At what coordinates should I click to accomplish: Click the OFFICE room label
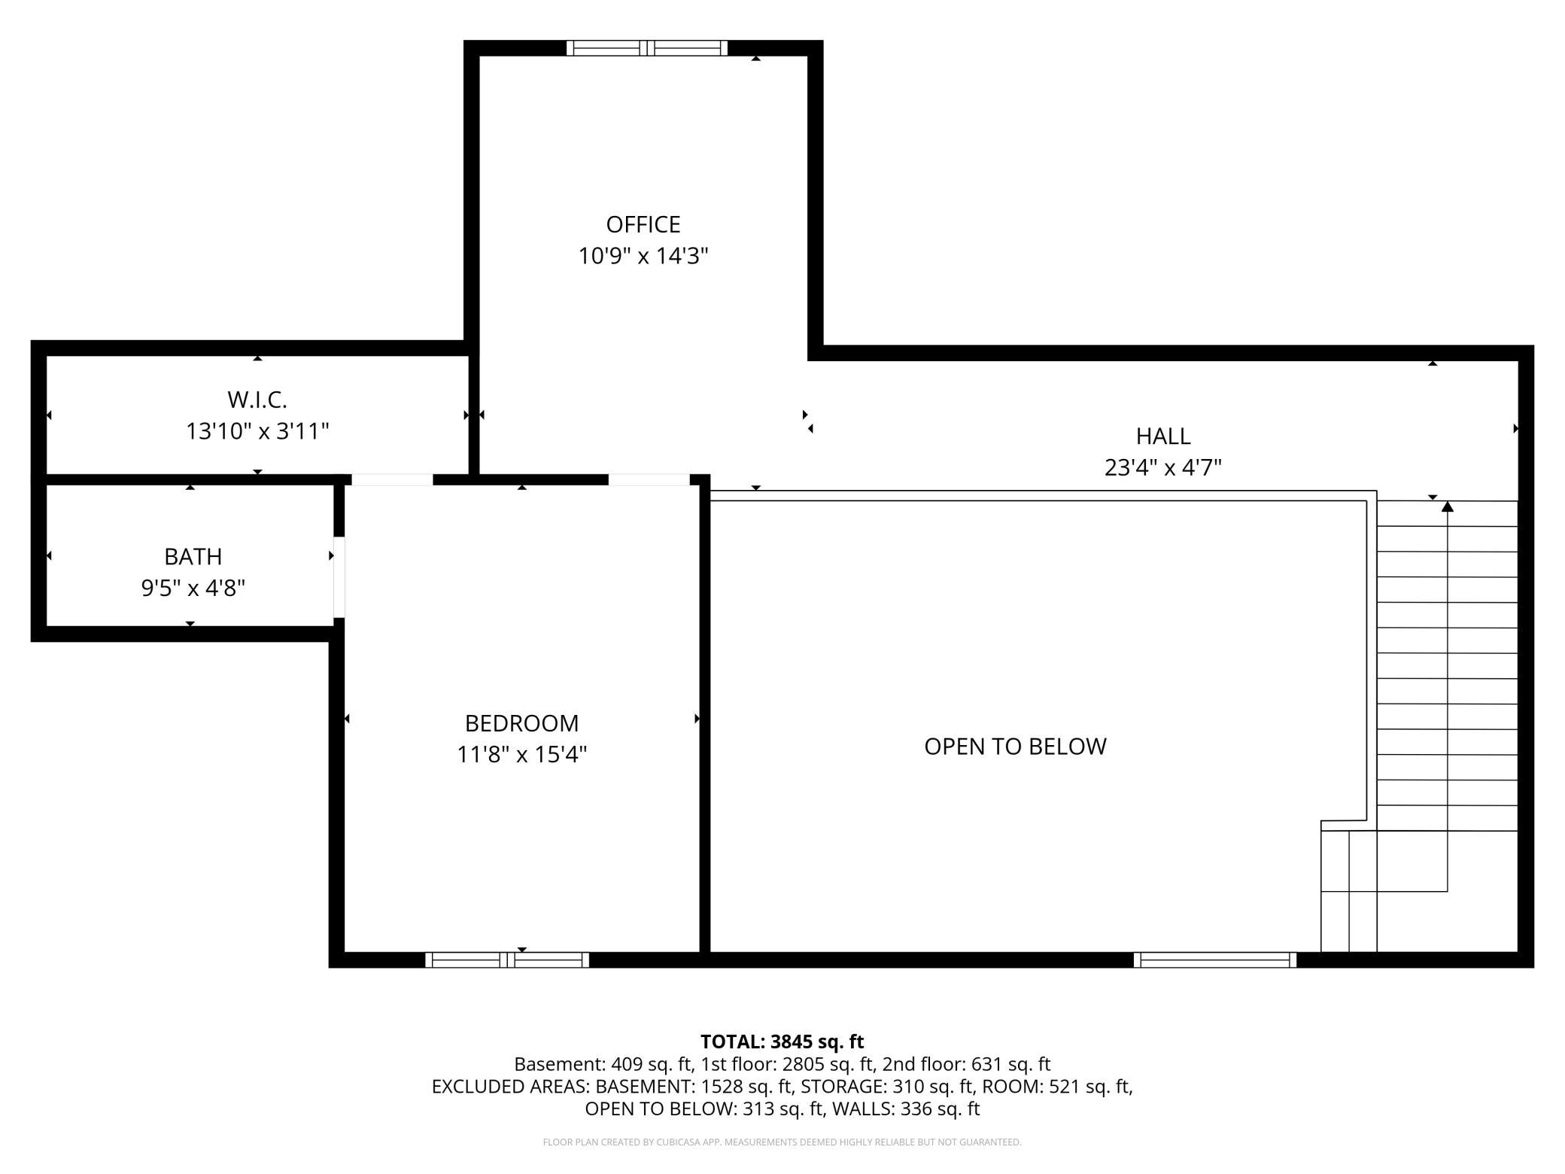[x=643, y=224]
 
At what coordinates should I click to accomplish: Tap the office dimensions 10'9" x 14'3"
[x=643, y=257]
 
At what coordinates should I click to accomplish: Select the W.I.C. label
[x=257, y=399]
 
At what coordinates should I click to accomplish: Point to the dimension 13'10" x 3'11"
[x=257, y=431]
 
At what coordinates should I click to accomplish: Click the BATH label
[x=193, y=557]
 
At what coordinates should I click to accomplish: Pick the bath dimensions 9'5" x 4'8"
[x=193, y=588]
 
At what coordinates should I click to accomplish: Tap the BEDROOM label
[x=521, y=723]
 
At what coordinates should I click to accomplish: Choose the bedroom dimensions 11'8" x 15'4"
[x=521, y=754]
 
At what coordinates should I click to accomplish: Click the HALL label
[x=1162, y=436]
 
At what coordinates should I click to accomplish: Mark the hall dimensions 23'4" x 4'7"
[x=1162, y=468]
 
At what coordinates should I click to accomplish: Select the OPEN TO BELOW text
[x=1015, y=747]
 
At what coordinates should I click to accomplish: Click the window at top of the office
[x=647, y=48]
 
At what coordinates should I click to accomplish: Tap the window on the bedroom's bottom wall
[x=507, y=960]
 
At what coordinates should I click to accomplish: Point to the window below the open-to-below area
[x=1214, y=960]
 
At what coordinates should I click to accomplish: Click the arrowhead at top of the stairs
[x=1447, y=506]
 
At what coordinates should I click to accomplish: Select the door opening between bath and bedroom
[x=339, y=576]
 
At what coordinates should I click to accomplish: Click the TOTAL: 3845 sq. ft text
[x=782, y=1042]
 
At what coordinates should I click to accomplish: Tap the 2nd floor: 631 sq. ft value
[x=966, y=1064]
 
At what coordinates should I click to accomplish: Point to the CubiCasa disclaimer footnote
[x=782, y=1142]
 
